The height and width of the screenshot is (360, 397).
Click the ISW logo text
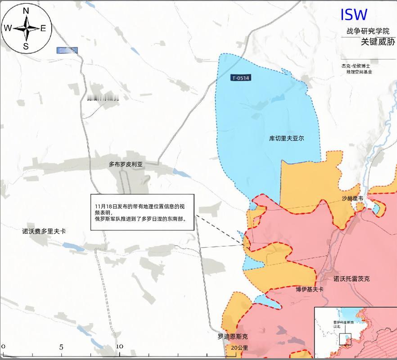pos(354,15)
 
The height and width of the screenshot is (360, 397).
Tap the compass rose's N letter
pos(26,11)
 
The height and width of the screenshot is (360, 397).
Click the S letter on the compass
pos(26,46)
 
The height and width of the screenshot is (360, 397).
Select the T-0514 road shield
pos(240,78)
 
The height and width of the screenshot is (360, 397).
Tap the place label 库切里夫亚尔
pos(286,138)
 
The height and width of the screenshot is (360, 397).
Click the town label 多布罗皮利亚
pos(126,165)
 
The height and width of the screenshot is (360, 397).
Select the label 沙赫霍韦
pos(352,198)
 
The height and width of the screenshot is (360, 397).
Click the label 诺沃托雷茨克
pos(351,279)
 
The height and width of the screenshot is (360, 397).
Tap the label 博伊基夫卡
pos(310,289)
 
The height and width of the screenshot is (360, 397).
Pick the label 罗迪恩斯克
pos(232,337)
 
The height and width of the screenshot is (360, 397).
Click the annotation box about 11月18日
pos(142,212)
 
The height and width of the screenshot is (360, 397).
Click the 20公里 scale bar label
pos(239,348)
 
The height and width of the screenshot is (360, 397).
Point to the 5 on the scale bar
pos(61,347)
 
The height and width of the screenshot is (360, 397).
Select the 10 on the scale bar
pos(119,346)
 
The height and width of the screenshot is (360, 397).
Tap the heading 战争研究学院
pos(365,31)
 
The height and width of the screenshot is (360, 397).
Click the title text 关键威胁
pos(378,42)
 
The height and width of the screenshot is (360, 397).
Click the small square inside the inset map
pos(345,339)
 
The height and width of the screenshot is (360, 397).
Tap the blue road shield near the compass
pos(67,50)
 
